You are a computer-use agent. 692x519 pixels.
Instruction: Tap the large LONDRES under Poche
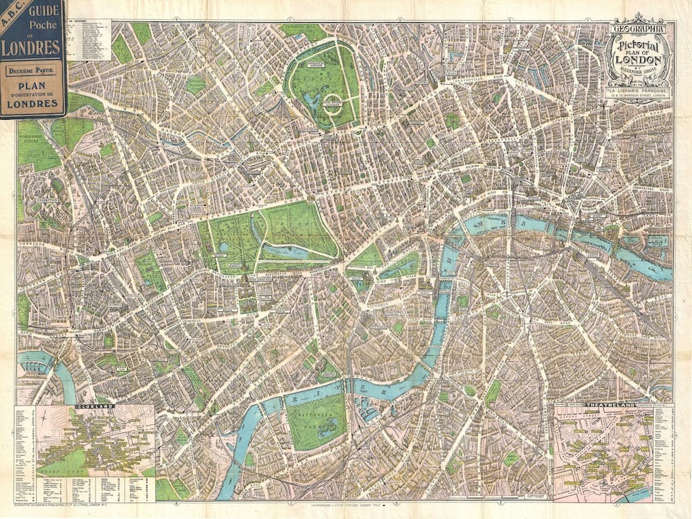pos(31,48)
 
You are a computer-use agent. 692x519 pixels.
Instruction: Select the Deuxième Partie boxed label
pos(32,71)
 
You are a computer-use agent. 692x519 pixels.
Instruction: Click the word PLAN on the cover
pos(32,89)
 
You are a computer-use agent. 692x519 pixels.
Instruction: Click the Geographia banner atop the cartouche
pos(637,30)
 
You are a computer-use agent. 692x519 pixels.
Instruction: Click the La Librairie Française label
pos(637,91)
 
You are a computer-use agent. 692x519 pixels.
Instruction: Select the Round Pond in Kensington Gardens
pos(224,247)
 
